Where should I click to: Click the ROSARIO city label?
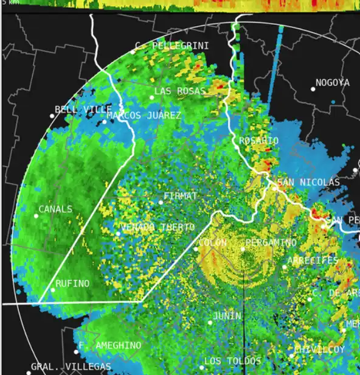[258, 141]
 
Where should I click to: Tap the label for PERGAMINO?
[272, 243]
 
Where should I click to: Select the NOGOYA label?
[333, 83]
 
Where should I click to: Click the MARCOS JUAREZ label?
[144, 115]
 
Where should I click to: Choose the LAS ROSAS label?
[180, 91]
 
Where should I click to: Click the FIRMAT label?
[181, 196]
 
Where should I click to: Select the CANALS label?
[55, 209]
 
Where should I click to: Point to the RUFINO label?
[72, 284]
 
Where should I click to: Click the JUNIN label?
[227, 317]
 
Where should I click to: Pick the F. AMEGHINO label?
[110, 346]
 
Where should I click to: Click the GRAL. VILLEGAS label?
[71, 366]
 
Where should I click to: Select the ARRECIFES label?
[313, 261]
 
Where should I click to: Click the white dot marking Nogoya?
[313, 89]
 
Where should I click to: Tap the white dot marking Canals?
[36, 216]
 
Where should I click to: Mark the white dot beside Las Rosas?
[152, 97]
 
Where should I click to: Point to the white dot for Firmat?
[161, 202]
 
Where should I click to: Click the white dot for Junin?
[210, 323]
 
